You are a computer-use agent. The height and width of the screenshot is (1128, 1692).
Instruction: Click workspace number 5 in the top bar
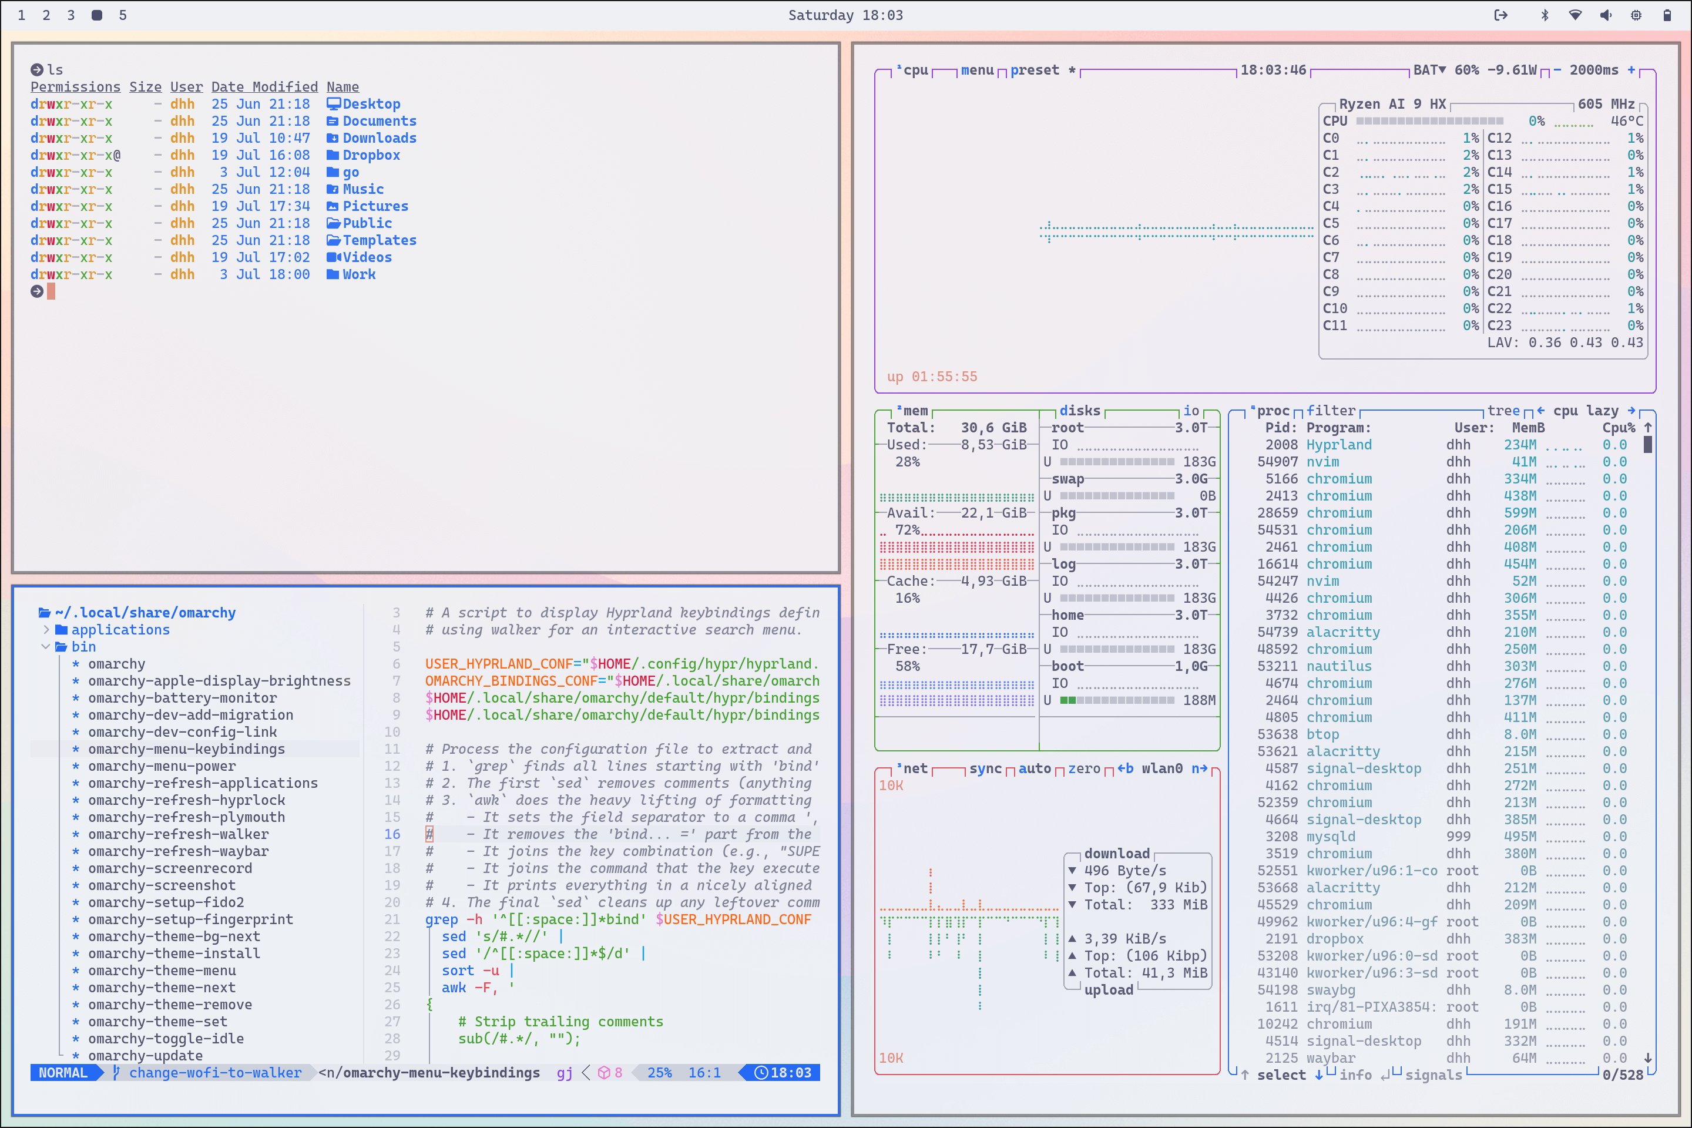point(123,15)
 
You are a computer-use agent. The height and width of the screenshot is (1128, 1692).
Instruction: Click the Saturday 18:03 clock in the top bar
point(845,15)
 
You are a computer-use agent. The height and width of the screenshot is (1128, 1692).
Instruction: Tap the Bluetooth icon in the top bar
point(1544,15)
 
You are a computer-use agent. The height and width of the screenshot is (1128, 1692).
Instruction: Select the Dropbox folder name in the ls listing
point(371,155)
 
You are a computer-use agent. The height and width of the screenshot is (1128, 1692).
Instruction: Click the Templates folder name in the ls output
point(379,240)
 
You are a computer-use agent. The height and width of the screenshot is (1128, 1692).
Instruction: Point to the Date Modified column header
point(264,87)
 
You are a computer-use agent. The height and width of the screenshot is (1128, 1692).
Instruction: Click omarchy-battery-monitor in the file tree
point(182,698)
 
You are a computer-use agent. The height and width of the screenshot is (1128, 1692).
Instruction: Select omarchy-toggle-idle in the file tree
point(166,1039)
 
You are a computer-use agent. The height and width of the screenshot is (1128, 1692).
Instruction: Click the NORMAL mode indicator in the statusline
point(63,1073)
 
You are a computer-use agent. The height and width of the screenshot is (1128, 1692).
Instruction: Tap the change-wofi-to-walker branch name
point(215,1073)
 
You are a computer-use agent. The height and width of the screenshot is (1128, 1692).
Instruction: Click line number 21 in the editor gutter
point(392,919)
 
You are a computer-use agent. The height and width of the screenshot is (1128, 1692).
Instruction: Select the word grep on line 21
point(441,919)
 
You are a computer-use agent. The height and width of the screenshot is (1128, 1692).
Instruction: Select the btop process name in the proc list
point(1322,734)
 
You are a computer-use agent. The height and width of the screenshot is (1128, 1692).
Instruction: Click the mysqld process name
point(1331,837)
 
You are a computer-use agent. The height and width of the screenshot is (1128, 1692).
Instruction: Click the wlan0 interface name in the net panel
point(1162,768)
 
